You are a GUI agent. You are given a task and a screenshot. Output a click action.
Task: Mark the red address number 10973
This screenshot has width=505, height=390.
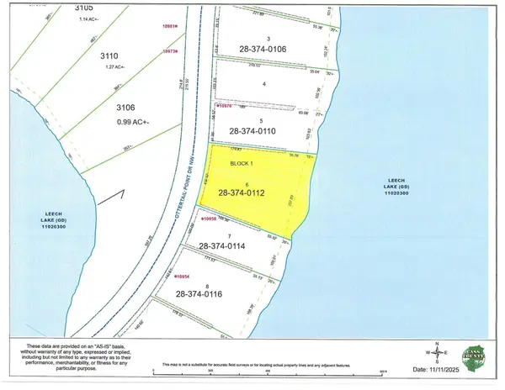coord(172,52)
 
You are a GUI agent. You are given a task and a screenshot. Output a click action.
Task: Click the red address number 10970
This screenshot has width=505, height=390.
coord(223,108)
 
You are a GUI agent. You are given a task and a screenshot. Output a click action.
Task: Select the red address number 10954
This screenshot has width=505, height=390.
coord(182,275)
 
